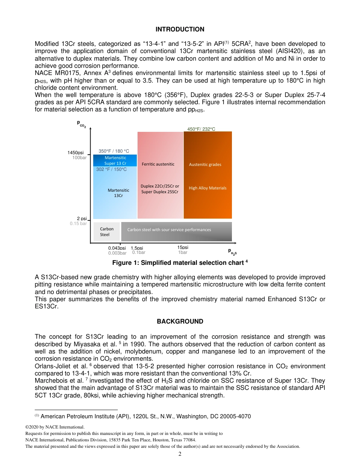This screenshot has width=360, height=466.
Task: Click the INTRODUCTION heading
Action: point(180,29)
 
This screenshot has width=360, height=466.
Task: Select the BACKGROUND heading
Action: point(180,321)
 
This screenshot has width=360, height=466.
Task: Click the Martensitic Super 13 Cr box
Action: point(115,161)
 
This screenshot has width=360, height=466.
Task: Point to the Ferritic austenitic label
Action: point(158,164)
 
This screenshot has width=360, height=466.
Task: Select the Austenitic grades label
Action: point(205,164)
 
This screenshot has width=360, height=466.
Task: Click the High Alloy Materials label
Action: point(208,188)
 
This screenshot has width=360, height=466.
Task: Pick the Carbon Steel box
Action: point(106,231)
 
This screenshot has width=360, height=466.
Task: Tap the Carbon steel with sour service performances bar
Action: point(176,231)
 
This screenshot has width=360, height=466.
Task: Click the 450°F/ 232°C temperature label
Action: point(201,129)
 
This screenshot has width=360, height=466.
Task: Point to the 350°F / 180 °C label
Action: point(114,151)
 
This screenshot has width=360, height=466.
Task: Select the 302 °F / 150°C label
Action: point(111,169)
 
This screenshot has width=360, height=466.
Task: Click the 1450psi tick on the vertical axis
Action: point(75,153)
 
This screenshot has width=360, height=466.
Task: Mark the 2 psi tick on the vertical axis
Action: point(81,219)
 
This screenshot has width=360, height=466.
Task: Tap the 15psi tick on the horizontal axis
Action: point(183,247)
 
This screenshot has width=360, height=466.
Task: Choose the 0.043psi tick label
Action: point(117,248)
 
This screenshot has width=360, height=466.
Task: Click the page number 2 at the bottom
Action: point(180,454)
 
